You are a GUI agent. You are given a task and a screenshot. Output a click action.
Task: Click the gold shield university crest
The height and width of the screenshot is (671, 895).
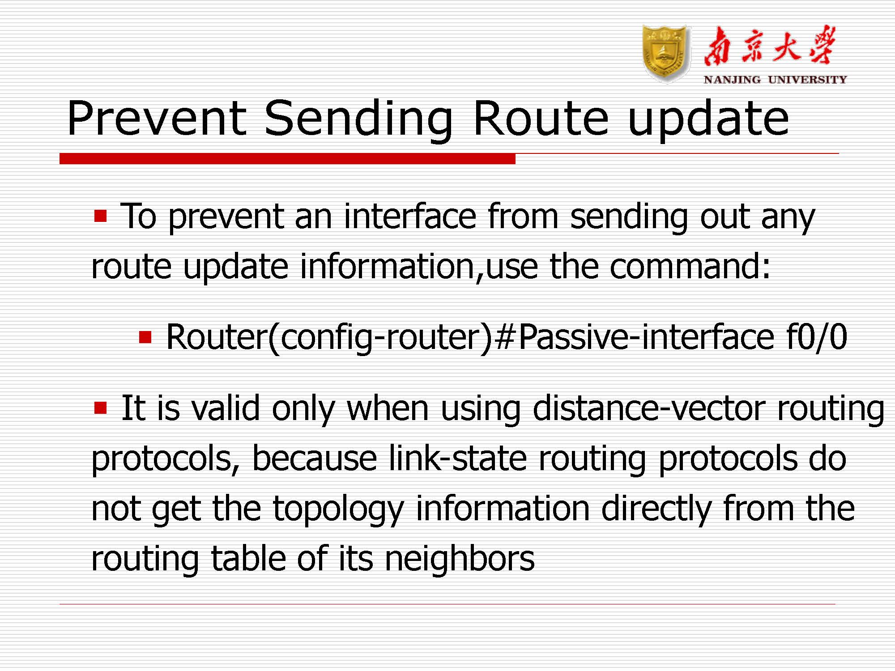pos(665,54)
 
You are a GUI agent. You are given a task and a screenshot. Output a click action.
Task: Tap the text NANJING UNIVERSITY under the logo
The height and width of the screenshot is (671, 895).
pos(776,80)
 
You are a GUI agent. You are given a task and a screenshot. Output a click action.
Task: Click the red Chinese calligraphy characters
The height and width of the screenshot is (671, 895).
pos(769,46)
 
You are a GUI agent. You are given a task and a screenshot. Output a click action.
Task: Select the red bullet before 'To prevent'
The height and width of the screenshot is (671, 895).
pos(101,217)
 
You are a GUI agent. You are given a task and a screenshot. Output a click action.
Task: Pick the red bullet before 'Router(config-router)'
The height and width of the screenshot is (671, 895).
pos(145,337)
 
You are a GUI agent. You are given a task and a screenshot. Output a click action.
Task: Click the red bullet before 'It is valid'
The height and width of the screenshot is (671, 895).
pos(101,408)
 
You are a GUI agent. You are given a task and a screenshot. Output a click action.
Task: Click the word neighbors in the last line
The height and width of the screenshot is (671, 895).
pos(460,558)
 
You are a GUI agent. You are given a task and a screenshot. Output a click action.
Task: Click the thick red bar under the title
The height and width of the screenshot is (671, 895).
pos(287,158)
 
